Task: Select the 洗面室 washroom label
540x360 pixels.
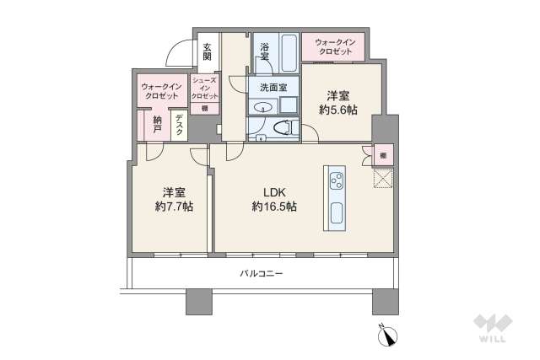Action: (273, 87)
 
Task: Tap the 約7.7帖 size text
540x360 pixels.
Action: (174, 207)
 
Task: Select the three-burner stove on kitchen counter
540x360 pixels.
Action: (336, 180)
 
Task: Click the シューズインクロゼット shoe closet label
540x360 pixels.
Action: (205, 88)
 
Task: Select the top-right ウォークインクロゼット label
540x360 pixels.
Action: (333, 46)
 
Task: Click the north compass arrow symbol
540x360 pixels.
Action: (389, 336)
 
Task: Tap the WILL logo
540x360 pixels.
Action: (491, 329)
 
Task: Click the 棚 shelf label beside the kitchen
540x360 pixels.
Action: (383, 155)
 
